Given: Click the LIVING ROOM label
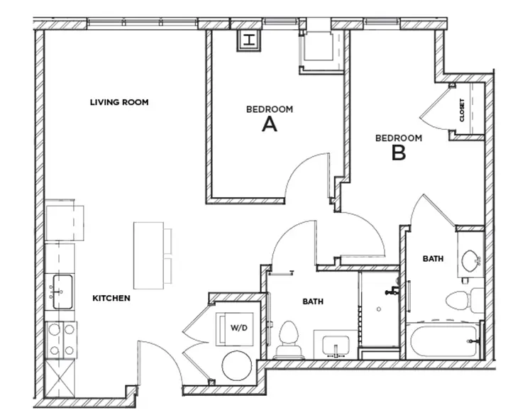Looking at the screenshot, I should [119, 102].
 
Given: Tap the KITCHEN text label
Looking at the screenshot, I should [111, 299].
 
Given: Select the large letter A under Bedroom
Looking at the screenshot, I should [269, 125].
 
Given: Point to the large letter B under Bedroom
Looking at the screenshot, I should [399, 152].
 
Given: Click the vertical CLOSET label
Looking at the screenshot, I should [463, 110].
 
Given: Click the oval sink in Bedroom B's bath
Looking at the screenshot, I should [470, 261].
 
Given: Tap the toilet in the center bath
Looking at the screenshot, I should [289, 340].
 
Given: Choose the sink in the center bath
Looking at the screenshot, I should [333, 347].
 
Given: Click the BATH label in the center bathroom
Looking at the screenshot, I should [313, 302].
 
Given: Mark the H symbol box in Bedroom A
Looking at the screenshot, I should [249, 40].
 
